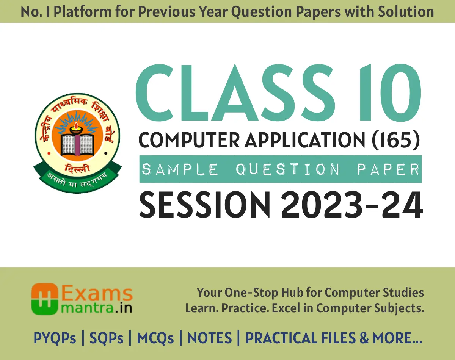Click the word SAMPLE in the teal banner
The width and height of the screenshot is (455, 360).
[x=180, y=169]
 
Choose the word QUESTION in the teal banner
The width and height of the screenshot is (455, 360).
[x=288, y=169]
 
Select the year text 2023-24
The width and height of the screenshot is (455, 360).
[x=352, y=205]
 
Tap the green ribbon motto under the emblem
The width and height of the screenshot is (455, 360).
[x=78, y=177]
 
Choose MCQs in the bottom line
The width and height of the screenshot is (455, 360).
[x=155, y=338]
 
